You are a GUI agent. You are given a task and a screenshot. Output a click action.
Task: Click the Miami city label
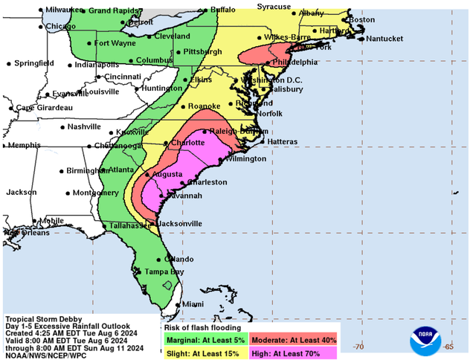click(193, 304)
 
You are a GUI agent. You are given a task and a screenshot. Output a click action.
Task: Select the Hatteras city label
click(283, 141)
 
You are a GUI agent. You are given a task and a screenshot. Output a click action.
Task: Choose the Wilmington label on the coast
click(245, 159)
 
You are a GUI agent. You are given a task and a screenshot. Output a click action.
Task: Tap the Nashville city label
click(83, 126)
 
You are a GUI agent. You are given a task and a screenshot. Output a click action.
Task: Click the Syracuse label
click(274, 6)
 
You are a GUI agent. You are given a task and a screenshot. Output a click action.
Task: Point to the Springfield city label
click(34, 64)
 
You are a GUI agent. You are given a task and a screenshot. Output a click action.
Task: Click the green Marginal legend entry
click(205, 340)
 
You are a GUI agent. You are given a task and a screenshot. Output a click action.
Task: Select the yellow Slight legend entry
click(205, 353)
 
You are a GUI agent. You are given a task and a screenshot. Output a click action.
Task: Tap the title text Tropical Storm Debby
click(45, 318)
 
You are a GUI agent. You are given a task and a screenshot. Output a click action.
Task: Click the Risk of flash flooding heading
click(202, 328)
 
